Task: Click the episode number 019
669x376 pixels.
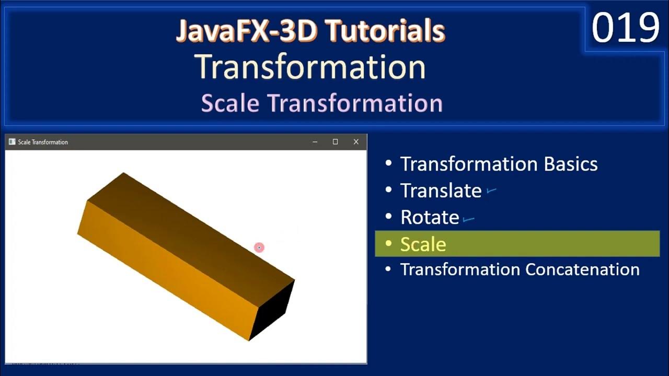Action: [x=626, y=28]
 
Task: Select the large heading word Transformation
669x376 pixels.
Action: [x=310, y=67]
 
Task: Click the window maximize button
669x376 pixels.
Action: [x=335, y=142]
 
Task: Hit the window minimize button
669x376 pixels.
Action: [x=315, y=142]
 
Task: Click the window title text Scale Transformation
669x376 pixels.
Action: [x=43, y=142]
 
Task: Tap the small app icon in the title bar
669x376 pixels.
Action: [x=12, y=142]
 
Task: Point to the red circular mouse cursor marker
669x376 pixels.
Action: [x=259, y=247]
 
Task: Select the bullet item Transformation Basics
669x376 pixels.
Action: [x=499, y=164]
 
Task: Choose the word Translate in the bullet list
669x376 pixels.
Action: [x=441, y=191]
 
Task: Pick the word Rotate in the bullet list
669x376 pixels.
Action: [x=430, y=217]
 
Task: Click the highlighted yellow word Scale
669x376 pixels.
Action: [x=423, y=244]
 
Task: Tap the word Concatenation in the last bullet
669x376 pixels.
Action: [x=582, y=269]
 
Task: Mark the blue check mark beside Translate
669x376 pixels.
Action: [x=491, y=191]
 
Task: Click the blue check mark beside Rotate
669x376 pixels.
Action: [x=468, y=219]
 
